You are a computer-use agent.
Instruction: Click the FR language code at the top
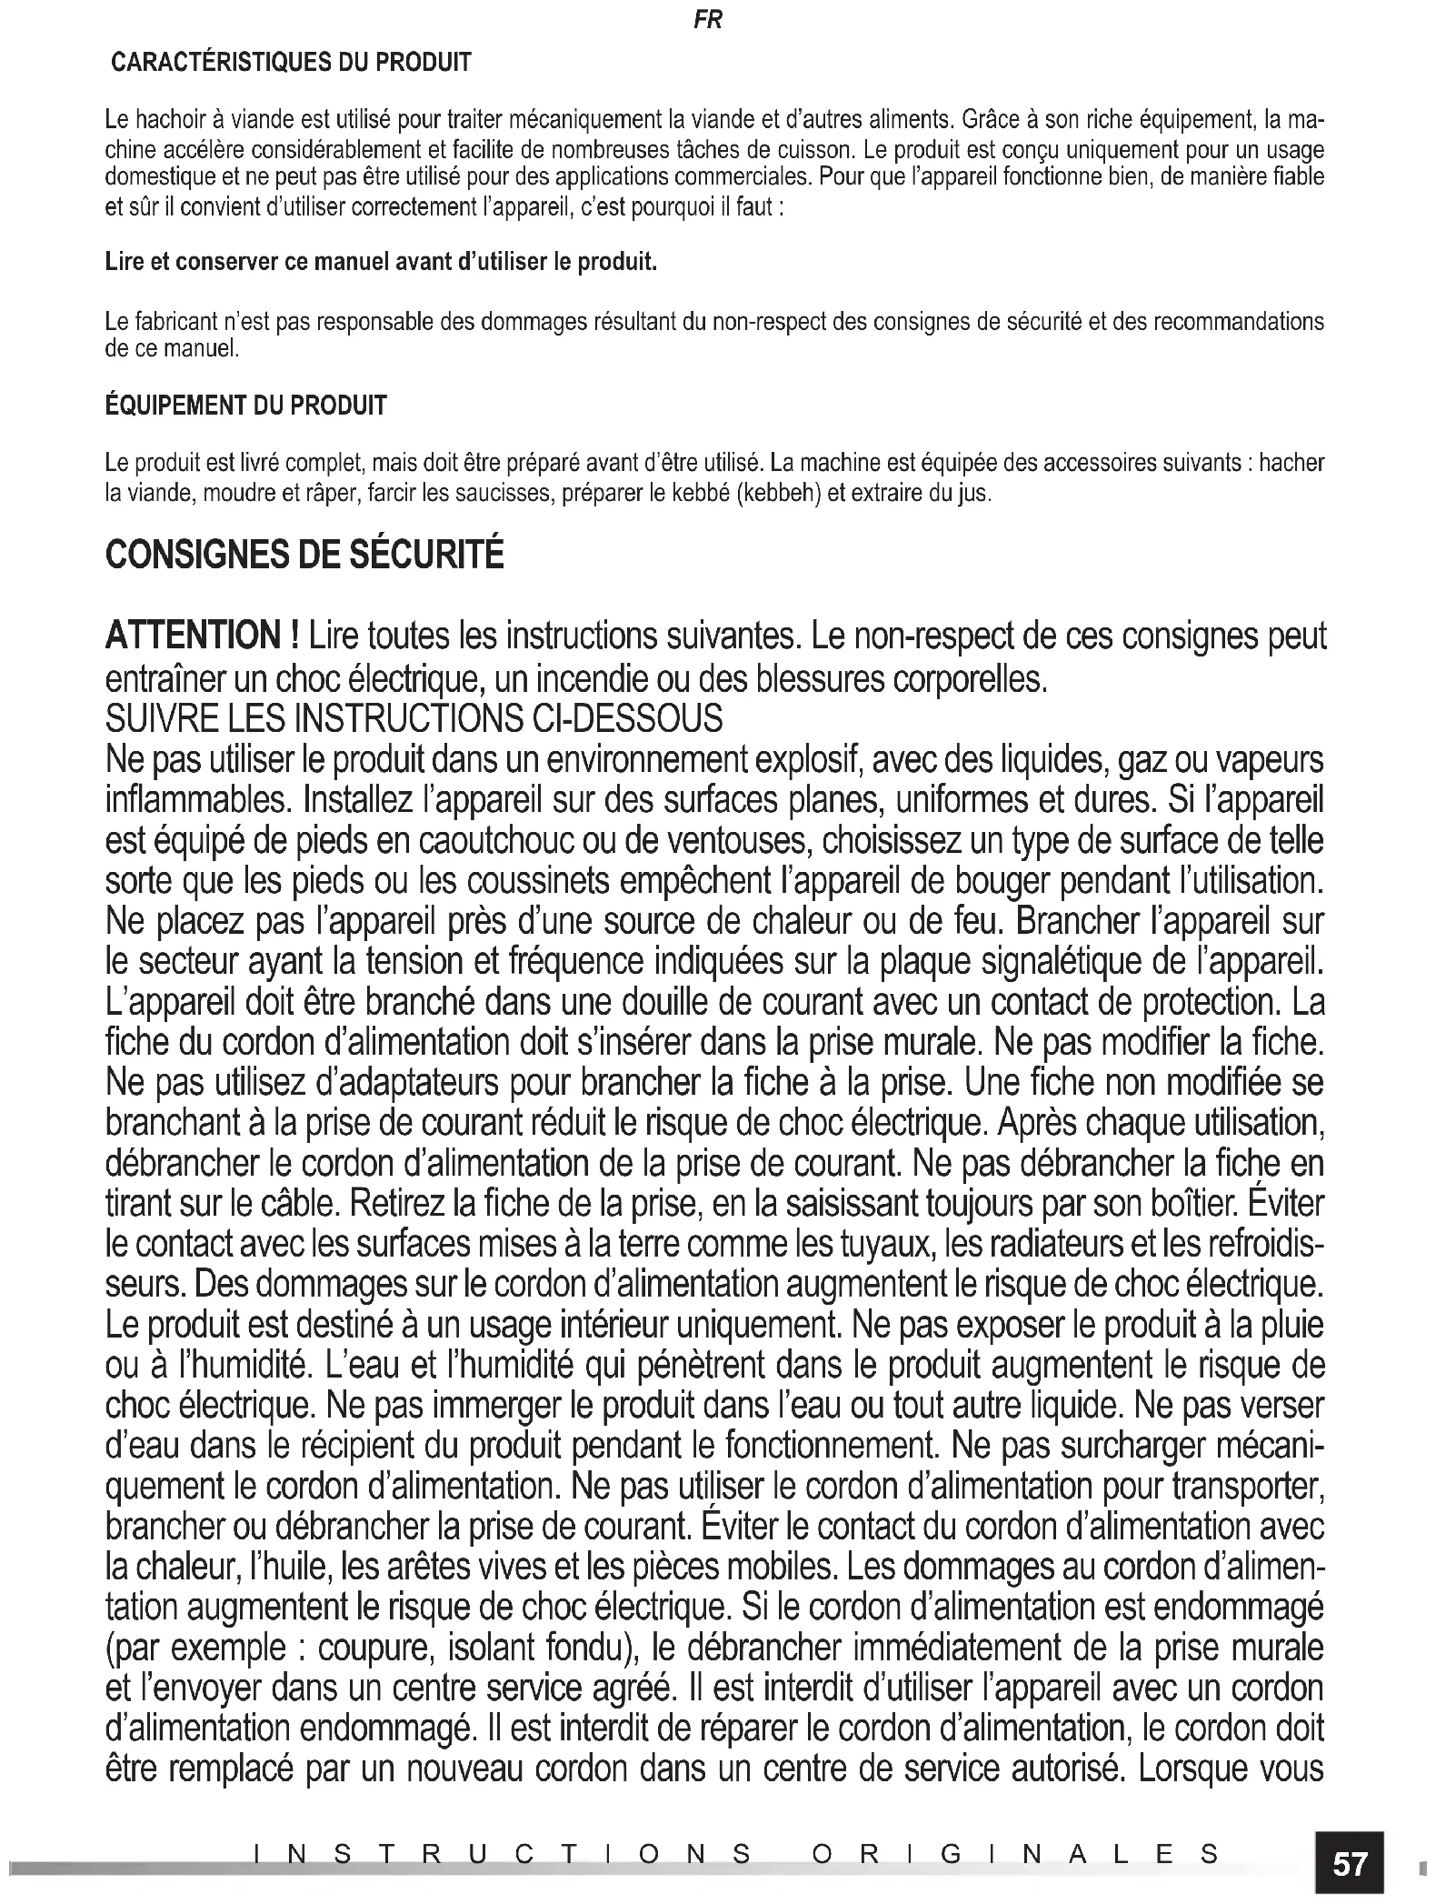point(707,20)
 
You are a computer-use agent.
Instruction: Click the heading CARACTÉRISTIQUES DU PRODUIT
point(291,63)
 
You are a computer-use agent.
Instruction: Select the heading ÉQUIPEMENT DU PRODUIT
point(246,406)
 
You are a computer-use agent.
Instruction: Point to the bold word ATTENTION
point(194,636)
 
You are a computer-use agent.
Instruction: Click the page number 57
point(1350,1864)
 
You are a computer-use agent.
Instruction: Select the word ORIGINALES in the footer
point(1015,1854)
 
